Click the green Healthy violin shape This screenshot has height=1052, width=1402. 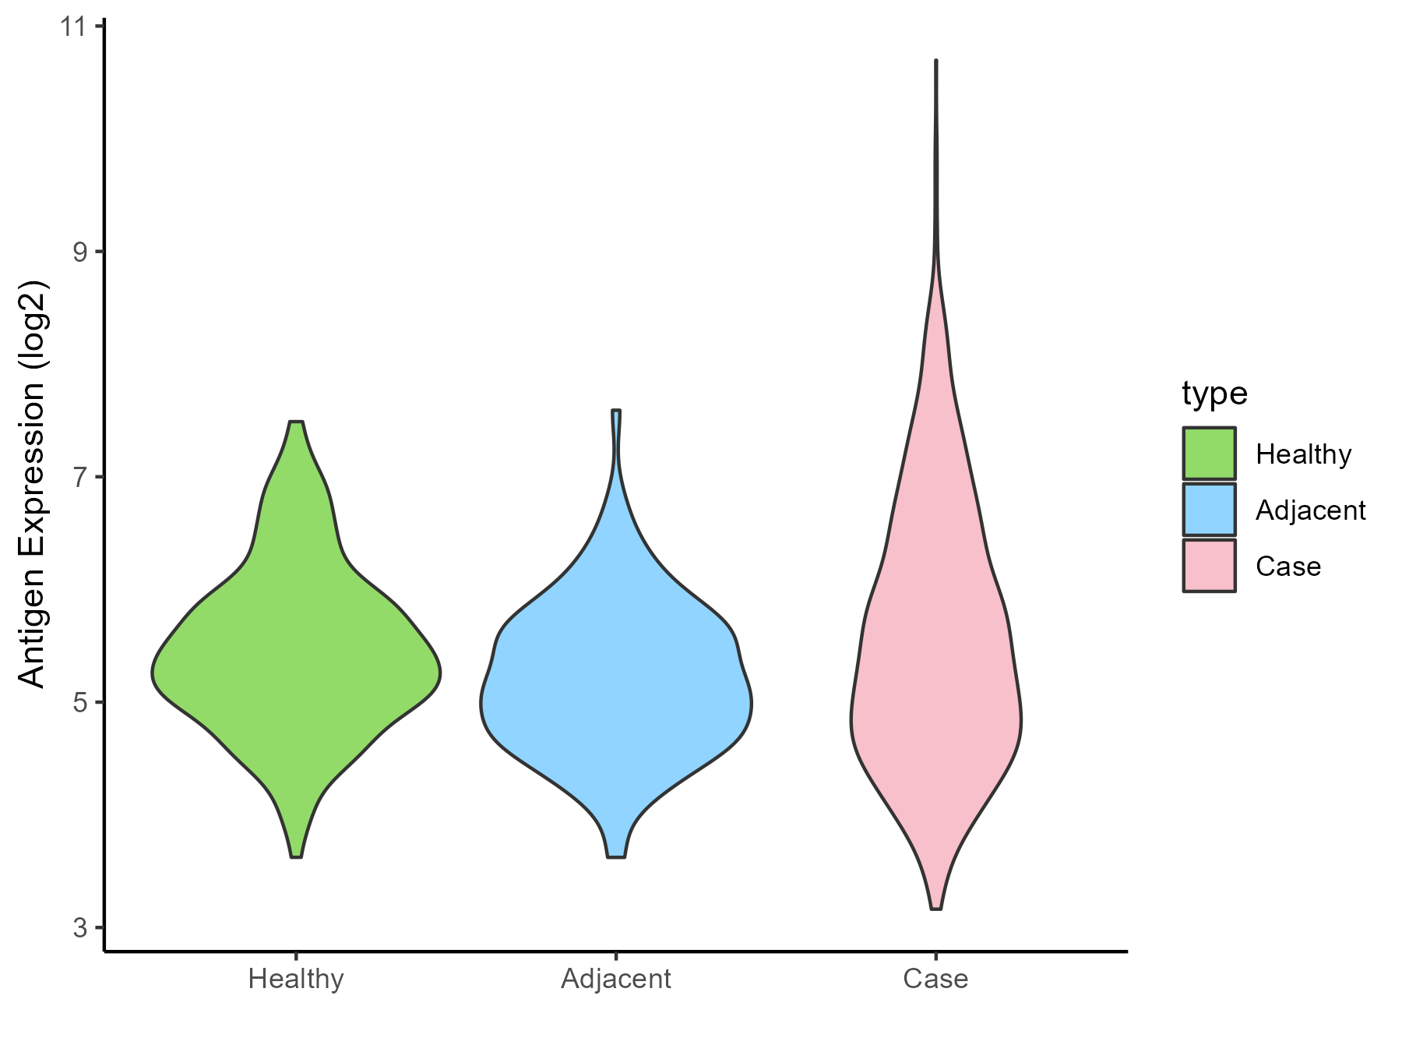(x=296, y=670)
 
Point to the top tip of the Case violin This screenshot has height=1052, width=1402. (x=935, y=61)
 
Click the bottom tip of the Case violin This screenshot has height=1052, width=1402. (x=935, y=908)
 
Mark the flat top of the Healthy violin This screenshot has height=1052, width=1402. (x=296, y=422)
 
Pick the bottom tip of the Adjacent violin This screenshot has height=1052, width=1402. (x=616, y=856)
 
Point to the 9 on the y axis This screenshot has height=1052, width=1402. (x=79, y=252)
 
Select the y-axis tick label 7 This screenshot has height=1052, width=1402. (x=79, y=477)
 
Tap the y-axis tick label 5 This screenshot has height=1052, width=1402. (x=79, y=702)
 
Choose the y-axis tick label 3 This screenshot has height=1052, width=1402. (x=79, y=927)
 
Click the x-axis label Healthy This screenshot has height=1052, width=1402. (x=296, y=979)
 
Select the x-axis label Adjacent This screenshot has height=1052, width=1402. (x=616, y=979)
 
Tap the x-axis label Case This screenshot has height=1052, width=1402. (x=935, y=979)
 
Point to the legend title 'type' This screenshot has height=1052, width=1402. (x=1214, y=394)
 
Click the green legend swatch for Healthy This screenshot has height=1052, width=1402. (x=1209, y=454)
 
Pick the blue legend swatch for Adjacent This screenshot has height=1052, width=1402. (x=1209, y=510)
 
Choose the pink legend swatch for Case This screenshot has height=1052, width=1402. (x=1209, y=566)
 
